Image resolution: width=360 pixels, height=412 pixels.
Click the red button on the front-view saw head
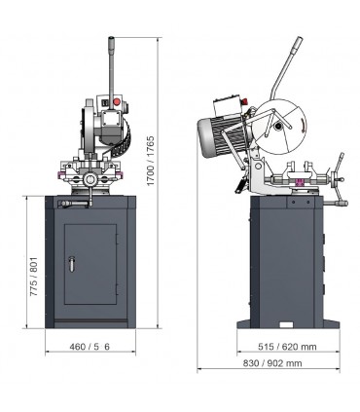coord(117,99)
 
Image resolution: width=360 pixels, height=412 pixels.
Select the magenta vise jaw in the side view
coord(301,179)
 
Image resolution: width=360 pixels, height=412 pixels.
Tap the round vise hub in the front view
coord(91,179)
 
